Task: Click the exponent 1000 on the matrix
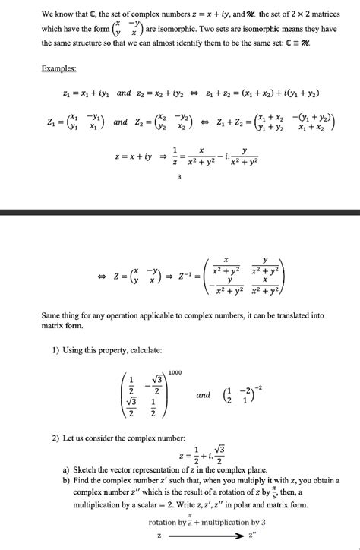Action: coord(175,372)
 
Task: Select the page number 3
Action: coord(179,178)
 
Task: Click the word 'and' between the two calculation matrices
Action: coord(203,396)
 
